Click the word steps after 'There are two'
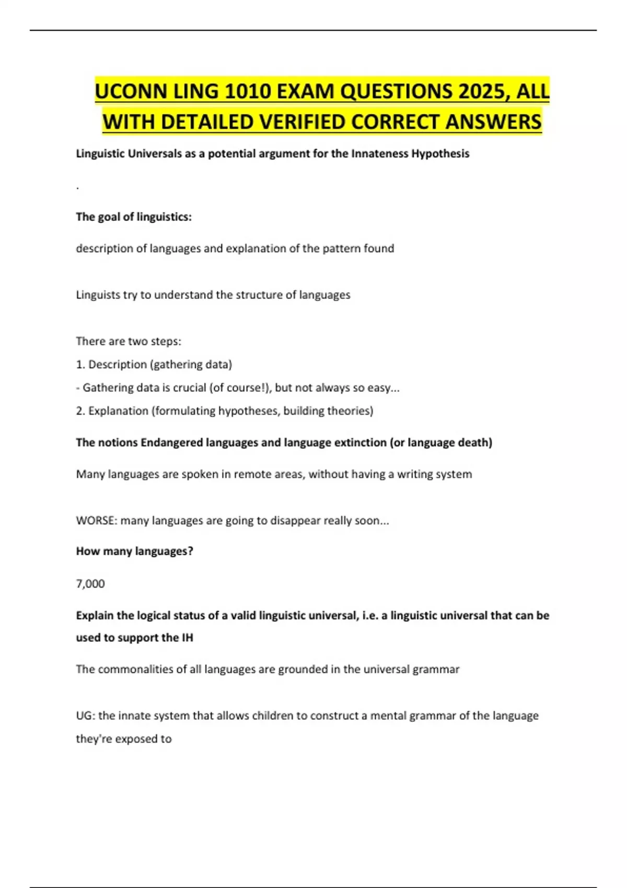click(166, 342)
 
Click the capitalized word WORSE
click(96, 521)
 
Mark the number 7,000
click(90, 584)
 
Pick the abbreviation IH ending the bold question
click(187, 638)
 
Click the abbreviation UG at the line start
click(85, 716)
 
